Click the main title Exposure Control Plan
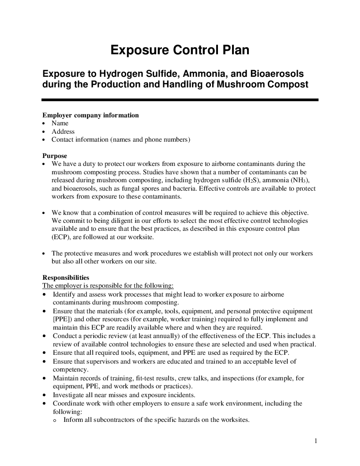click(x=180, y=50)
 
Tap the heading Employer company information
click(x=90, y=115)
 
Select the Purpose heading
click(x=55, y=156)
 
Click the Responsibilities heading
click(x=66, y=278)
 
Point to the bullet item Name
click(x=60, y=124)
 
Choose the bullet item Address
click(x=63, y=132)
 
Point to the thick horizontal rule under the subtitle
click(x=180, y=100)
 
